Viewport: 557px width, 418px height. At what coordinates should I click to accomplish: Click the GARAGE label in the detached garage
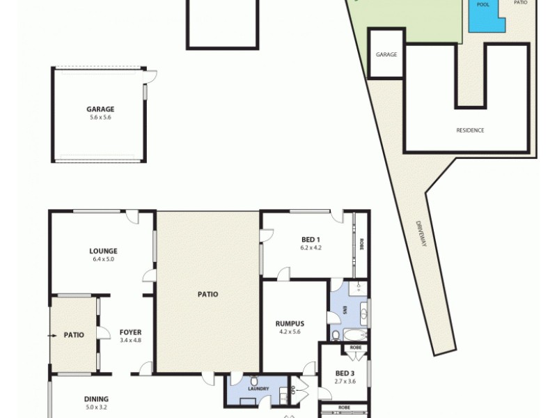tap(100, 109)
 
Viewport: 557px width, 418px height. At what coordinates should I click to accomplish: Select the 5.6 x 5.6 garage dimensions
tap(100, 118)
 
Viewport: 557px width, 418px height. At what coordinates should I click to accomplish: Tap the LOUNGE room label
tap(103, 251)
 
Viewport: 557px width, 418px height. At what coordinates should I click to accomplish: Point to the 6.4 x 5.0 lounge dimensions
tap(103, 259)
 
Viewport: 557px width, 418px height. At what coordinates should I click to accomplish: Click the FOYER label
tap(130, 332)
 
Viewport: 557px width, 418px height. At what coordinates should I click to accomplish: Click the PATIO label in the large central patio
tap(207, 294)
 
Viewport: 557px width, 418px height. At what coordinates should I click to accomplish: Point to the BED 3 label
tap(345, 373)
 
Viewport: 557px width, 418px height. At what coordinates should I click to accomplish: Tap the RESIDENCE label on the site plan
tap(470, 130)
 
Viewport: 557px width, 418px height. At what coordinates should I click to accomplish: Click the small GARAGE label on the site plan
tap(386, 54)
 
